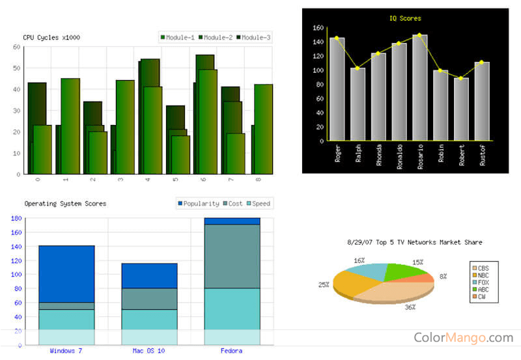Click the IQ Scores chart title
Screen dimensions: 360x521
tap(404, 18)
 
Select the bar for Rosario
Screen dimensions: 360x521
tap(420, 88)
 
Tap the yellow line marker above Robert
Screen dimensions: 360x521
tap(461, 78)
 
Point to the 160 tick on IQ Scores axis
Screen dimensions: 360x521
tap(318, 28)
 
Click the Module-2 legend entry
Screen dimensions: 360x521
tap(215, 38)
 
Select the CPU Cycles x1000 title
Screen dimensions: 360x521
tap(51, 38)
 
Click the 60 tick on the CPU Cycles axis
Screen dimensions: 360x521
tap(16, 47)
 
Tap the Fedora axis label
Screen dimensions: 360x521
tap(231, 351)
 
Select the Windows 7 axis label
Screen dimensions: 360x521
tap(66, 351)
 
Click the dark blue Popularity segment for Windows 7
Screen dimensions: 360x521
tap(66, 273)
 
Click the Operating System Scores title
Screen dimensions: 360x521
tap(65, 204)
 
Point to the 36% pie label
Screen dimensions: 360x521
tap(410, 307)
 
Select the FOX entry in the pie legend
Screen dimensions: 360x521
tap(483, 282)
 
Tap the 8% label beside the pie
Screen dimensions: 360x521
tap(443, 276)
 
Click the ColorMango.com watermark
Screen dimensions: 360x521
tap(463, 337)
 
